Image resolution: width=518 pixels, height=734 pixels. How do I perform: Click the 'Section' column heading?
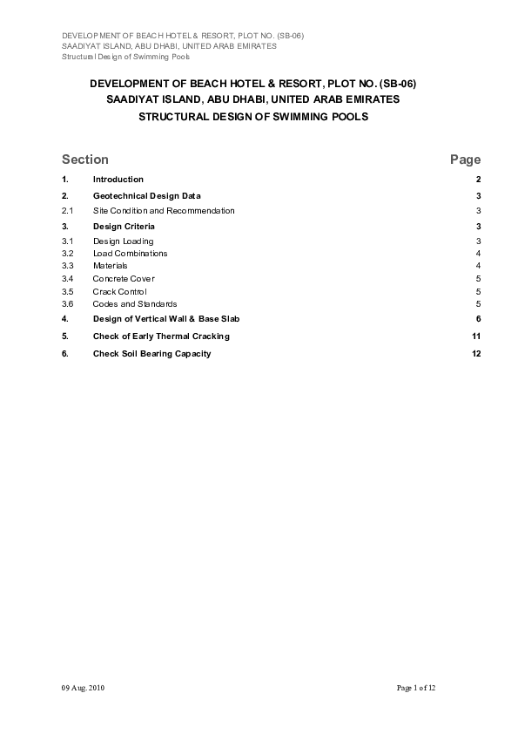[85, 160]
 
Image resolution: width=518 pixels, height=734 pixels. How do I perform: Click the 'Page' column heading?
[465, 160]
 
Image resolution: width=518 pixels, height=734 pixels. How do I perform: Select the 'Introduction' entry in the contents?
[118, 180]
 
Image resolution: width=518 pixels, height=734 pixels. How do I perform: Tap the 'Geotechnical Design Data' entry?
[146, 196]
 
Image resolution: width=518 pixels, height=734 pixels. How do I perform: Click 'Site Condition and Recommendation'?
[164, 211]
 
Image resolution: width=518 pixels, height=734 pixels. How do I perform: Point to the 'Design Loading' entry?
[123, 241]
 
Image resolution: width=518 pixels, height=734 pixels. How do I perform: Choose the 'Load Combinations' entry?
[130, 254]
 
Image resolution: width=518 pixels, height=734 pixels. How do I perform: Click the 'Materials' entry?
[110, 266]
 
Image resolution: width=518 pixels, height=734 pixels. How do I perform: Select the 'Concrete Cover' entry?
[124, 279]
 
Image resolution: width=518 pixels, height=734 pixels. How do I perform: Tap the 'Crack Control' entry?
[119, 291]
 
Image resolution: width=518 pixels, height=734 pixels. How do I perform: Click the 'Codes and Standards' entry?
[134, 304]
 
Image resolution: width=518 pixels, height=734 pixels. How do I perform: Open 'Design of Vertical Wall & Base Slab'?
[165, 319]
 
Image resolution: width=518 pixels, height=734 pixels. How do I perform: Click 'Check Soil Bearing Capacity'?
[151, 354]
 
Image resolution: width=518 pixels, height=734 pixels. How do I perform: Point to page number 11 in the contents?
[476, 336]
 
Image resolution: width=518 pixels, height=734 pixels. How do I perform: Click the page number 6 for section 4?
[479, 319]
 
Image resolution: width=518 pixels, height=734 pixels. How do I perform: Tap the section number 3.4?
[67, 279]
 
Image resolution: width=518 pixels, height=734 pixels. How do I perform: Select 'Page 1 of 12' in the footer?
[415, 689]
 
